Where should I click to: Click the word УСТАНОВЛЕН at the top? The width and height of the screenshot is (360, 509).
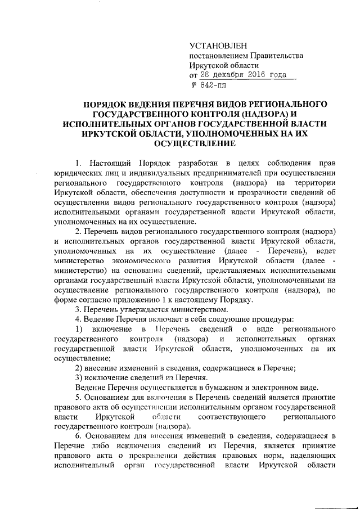[218, 44]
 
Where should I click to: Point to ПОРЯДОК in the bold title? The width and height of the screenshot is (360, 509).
[107, 105]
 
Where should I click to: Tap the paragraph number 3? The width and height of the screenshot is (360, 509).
[78, 311]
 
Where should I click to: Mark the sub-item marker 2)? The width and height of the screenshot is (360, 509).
[80, 368]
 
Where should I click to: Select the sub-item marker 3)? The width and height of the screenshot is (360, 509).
[80, 378]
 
